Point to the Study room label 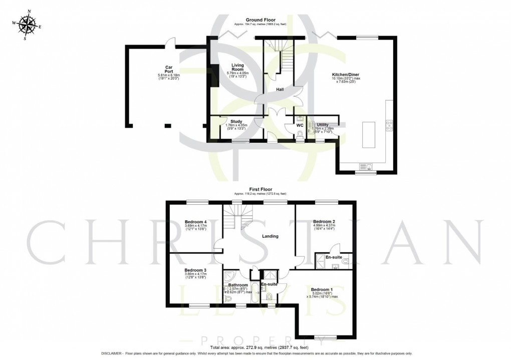click(236, 121)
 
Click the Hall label click(281, 90)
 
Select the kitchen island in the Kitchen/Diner click(368, 134)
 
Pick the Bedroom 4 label click(195, 222)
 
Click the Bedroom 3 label click(195, 270)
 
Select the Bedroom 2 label click(324, 221)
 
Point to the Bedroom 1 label click(322, 290)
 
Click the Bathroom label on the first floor click(238, 285)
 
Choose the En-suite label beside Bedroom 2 click(334, 257)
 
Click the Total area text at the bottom click(259, 347)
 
